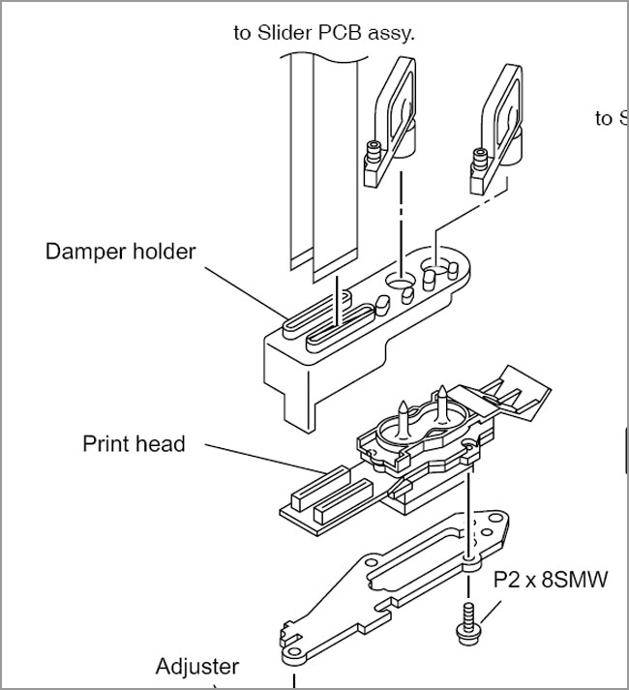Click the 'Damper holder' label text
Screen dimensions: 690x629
(120, 252)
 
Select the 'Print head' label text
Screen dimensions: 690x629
(134, 444)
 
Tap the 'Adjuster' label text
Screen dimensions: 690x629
(197, 667)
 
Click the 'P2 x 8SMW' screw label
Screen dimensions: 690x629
(551, 581)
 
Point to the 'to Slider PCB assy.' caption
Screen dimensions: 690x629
(323, 33)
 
